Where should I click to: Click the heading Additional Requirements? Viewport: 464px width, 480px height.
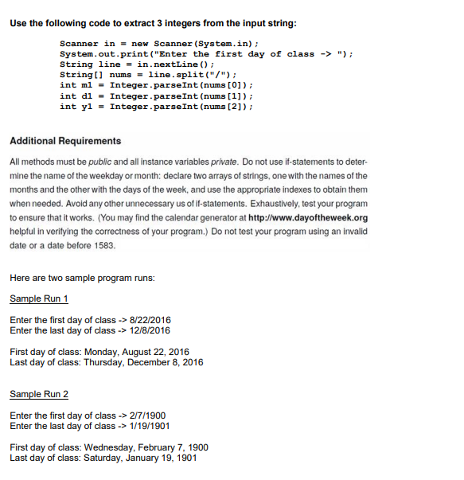55,141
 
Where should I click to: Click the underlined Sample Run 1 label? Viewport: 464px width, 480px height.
38,299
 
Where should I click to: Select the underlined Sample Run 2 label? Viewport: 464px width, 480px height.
38,394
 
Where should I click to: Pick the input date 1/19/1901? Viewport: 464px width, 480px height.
145,426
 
